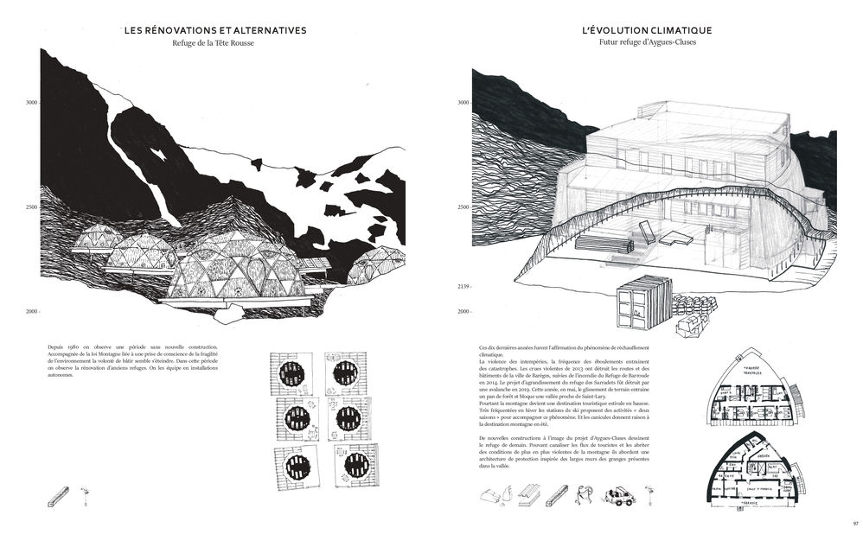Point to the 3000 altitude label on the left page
point(32,103)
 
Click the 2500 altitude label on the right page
point(463,207)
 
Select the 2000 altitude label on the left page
point(32,311)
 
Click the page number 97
point(854,523)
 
